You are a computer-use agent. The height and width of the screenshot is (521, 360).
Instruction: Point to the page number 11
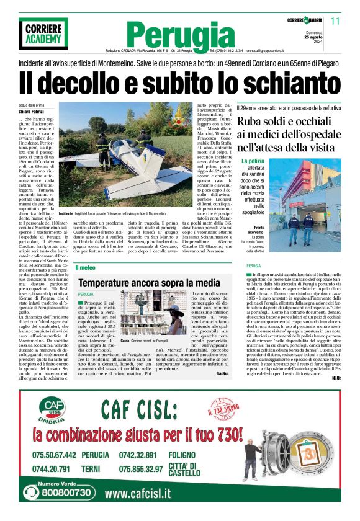tap(336, 21)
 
